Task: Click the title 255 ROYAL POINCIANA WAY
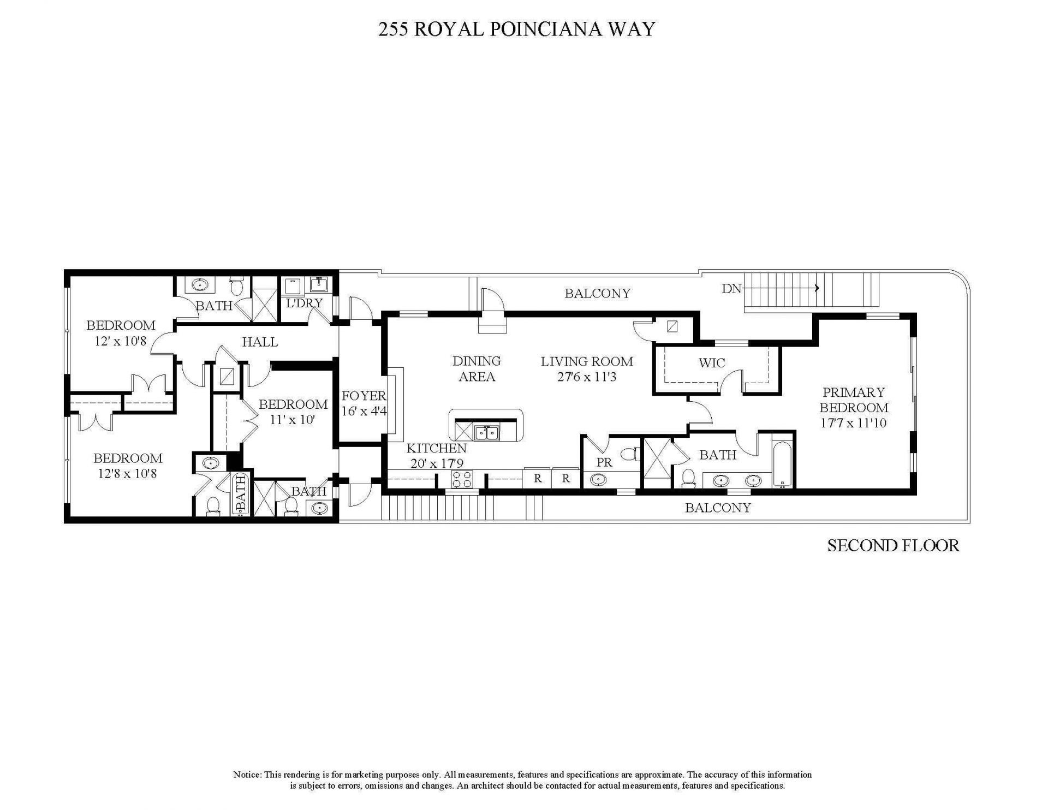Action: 516,29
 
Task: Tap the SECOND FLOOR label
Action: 893,545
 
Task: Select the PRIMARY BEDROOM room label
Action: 854,400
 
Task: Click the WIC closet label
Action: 712,363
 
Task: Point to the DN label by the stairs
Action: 731,289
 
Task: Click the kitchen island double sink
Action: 486,433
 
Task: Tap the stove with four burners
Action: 462,480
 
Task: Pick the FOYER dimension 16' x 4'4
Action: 364,411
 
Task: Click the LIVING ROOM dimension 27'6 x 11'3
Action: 587,377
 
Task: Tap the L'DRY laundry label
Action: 305,302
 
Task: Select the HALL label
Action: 260,342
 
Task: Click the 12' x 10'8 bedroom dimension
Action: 121,341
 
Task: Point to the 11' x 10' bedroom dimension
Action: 293,420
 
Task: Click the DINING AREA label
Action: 477,368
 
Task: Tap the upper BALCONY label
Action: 597,294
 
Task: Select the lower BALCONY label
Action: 718,508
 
